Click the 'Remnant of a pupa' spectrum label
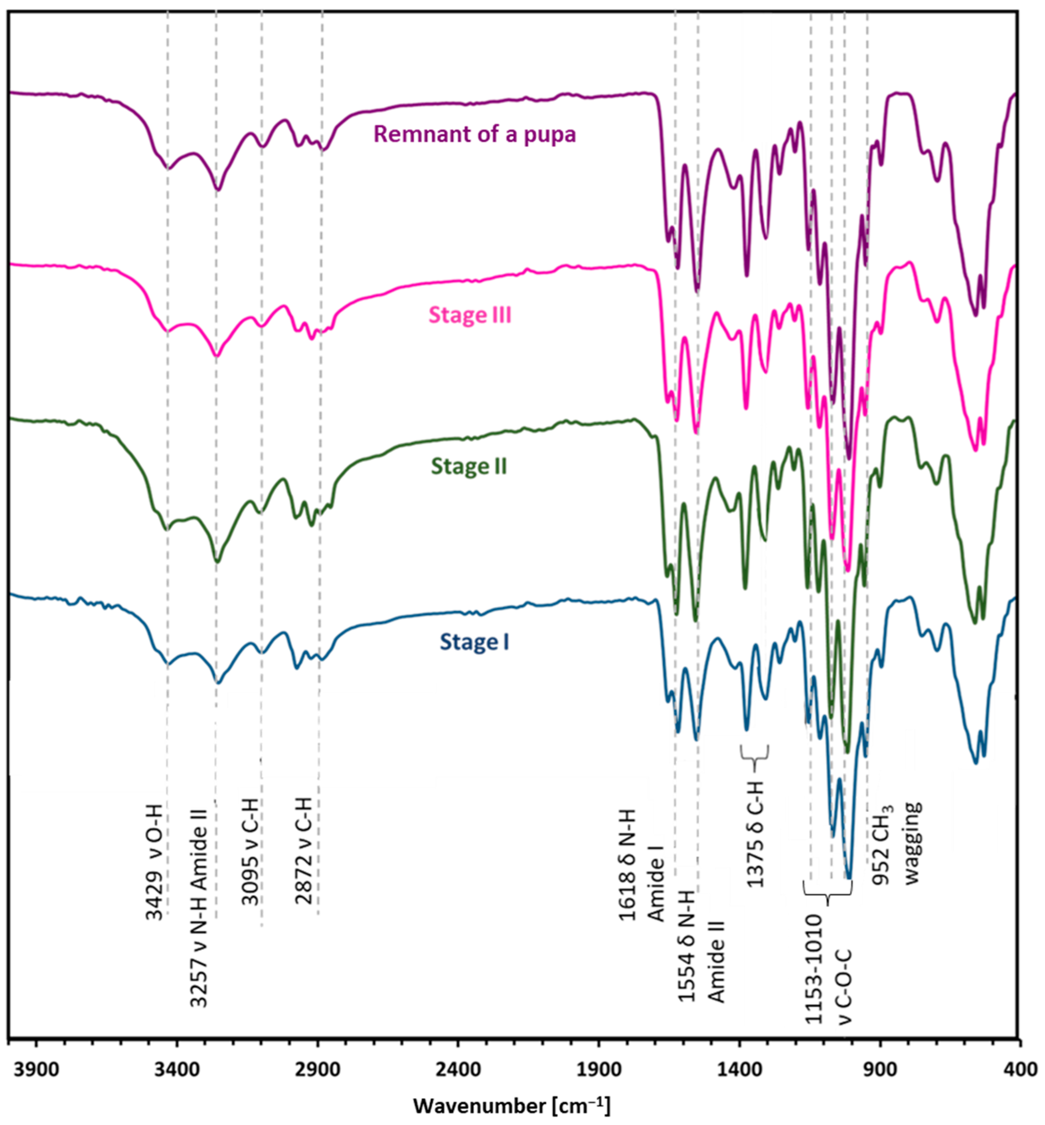tap(474, 134)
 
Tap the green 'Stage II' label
tap(469, 466)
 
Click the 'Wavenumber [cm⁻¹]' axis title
tap(512, 1105)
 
